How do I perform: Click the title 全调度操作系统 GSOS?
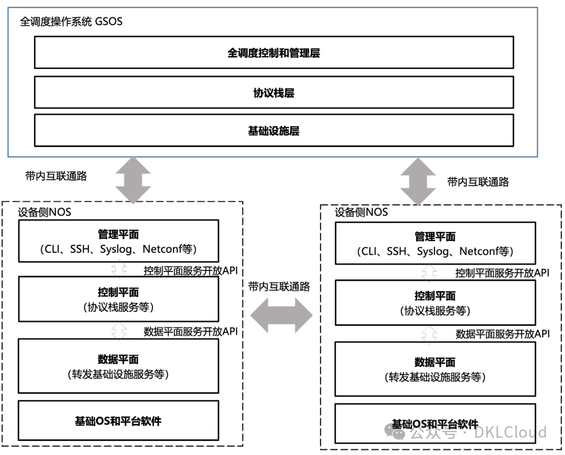click(x=71, y=22)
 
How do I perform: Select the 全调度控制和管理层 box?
click(x=274, y=52)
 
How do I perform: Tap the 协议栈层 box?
click(x=274, y=92)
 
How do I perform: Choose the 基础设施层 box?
click(x=274, y=130)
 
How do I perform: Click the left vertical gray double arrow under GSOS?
click(x=133, y=180)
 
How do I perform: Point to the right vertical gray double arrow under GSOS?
click(x=418, y=181)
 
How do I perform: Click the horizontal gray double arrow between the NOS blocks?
click(x=281, y=315)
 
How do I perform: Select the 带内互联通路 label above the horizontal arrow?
click(x=279, y=287)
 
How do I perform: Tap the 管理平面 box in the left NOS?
click(x=119, y=241)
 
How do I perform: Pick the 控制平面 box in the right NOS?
click(x=435, y=303)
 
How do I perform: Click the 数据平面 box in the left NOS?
click(x=119, y=366)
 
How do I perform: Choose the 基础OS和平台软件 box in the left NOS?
click(x=119, y=420)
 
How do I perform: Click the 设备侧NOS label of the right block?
click(x=362, y=212)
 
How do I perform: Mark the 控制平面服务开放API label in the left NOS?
click(x=191, y=270)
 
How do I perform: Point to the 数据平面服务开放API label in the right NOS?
click(x=503, y=334)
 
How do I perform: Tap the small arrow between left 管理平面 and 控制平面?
click(x=119, y=269)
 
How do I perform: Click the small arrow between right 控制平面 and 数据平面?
click(x=429, y=334)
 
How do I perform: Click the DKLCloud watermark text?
click(x=510, y=432)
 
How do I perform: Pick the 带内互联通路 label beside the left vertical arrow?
click(x=56, y=176)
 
